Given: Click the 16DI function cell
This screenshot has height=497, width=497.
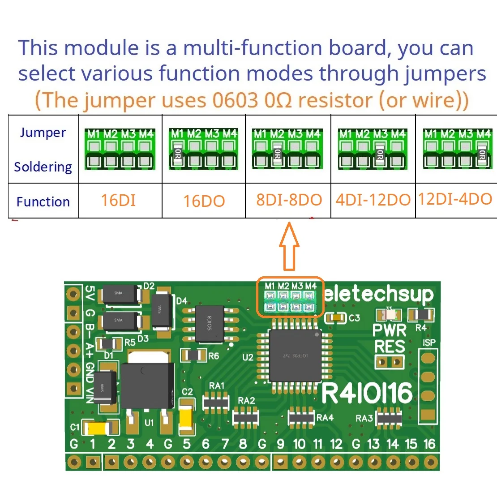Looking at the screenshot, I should click(119, 200).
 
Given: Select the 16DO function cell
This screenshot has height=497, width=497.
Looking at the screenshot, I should click(204, 201).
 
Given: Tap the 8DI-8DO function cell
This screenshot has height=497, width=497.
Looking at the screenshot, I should click(289, 200).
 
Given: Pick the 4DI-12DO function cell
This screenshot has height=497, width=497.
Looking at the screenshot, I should click(373, 200).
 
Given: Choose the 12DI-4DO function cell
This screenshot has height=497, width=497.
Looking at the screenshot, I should click(455, 199).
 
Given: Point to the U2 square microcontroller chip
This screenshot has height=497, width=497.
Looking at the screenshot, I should click(295, 356).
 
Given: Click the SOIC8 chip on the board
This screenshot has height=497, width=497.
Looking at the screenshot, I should click(210, 324).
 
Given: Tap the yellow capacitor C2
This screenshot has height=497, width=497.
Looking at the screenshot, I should click(186, 418).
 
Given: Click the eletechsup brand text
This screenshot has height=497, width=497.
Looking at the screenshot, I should click(379, 294).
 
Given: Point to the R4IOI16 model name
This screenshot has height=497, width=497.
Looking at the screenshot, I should click(367, 393).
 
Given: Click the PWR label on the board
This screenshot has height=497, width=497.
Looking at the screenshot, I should click(390, 330).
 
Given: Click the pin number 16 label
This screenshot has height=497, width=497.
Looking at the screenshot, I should click(429, 444).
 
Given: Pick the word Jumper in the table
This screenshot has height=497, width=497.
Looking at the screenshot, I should click(43, 133).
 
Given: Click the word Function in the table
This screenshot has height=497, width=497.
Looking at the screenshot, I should click(43, 202).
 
